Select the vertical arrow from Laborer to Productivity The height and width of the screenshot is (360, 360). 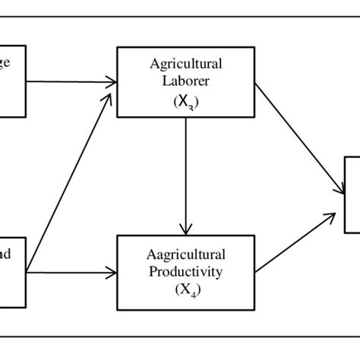[x=185, y=175]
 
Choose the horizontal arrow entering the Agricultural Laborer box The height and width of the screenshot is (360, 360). [x=72, y=81]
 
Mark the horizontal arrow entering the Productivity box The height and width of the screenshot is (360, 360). [x=72, y=270]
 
